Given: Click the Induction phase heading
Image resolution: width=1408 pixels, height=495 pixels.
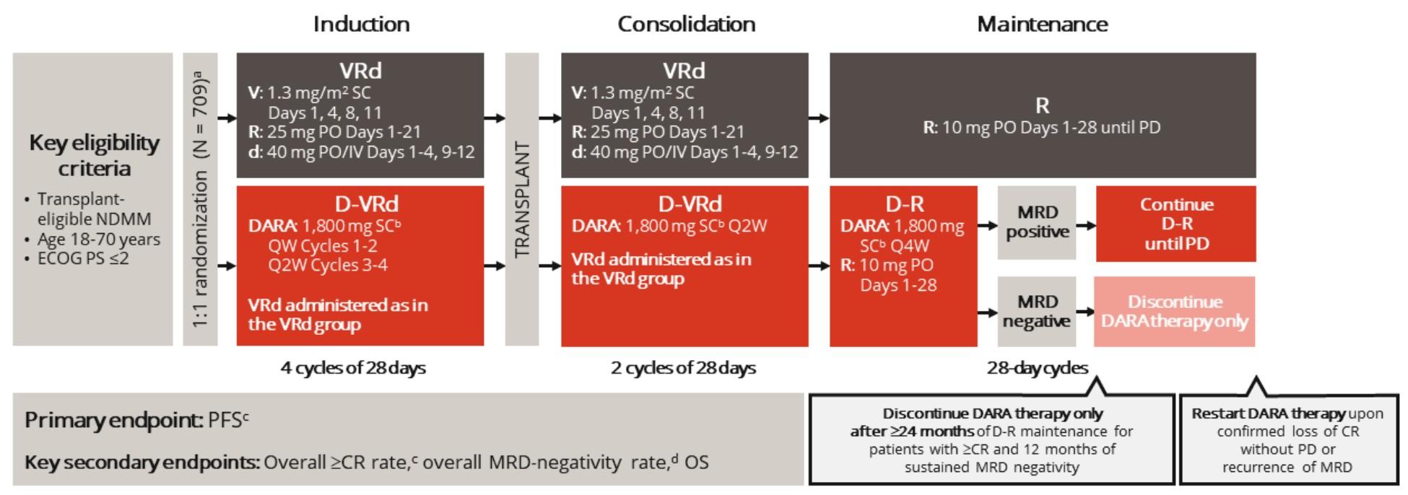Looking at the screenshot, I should [361, 24].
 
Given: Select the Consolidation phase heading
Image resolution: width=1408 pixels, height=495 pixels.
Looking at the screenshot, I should [686, 24].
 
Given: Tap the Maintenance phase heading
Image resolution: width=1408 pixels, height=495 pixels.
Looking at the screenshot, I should [1042, 24].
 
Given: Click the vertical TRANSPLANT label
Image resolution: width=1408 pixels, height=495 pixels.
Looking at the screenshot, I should [522, 200].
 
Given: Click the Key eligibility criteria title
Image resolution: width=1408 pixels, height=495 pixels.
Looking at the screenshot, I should [94, 155].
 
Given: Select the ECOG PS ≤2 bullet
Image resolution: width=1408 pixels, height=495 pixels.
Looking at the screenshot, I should [83, 258].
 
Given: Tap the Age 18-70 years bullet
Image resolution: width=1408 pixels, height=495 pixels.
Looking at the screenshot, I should [98, 239].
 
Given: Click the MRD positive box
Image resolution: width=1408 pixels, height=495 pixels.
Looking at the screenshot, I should [1037, 222].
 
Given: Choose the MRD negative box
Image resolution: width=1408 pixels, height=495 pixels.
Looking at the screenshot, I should [1036, 312].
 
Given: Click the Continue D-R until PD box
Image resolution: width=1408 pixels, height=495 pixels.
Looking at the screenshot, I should [1176, 224].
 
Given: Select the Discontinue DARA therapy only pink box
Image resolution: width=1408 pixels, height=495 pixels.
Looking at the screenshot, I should [1175, 312].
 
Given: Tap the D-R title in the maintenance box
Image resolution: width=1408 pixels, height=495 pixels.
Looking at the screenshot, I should [904, 204].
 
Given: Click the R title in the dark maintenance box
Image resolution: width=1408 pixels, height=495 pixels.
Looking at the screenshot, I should [1042, 106].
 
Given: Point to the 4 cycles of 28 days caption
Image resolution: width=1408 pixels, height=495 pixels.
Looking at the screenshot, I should [353, 368].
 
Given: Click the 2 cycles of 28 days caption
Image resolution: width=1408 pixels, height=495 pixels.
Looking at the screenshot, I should [683, 368].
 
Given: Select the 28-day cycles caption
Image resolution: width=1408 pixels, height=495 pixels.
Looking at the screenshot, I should [1037, 368].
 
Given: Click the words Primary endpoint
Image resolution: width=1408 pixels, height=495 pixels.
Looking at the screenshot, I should [114, 420].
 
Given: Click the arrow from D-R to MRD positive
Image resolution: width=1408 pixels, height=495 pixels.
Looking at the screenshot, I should [987, 225].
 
